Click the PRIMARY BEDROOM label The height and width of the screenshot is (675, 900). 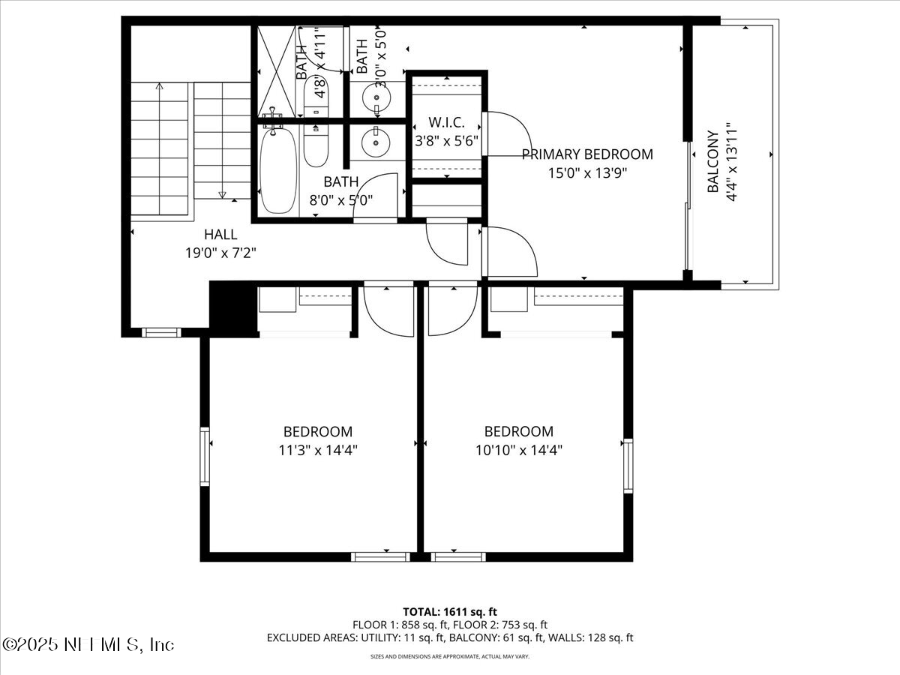[587, 154]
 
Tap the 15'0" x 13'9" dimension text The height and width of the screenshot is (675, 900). [587, 173]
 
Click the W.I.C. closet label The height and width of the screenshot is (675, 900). [446, 122]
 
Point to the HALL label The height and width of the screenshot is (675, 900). [220, 235]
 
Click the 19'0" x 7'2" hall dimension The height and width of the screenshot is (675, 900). [220, 253]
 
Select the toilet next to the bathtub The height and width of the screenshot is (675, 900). [315, 145]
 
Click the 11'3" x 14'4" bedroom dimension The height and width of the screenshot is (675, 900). [317, 451]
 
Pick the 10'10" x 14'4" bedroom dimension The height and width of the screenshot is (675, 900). [518, 451]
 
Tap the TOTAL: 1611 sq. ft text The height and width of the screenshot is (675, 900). [450, 611]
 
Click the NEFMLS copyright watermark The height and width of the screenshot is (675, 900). [88, 644]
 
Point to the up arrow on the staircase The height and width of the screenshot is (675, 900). [159, 88]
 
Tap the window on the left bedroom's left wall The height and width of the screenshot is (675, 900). [204, 456]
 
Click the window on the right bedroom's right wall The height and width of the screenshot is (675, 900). [628, 465]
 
